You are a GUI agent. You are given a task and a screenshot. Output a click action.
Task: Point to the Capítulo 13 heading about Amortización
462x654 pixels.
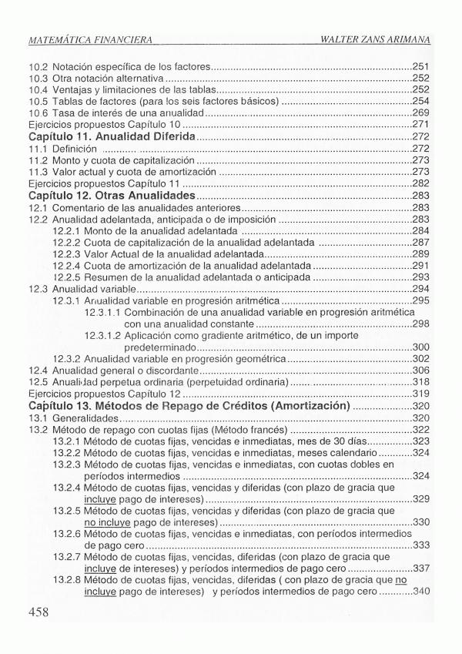pos(189,406)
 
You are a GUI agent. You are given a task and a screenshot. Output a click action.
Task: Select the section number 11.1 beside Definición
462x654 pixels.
pos(38,148)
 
